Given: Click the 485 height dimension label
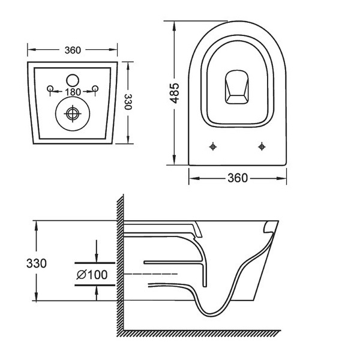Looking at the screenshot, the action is click(175, 93).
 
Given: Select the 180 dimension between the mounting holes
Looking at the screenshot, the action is click(73, 92).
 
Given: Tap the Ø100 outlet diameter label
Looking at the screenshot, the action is click(92, 275).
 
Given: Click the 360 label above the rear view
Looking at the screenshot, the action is click(73, 50).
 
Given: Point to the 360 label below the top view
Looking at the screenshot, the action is click(238, 178).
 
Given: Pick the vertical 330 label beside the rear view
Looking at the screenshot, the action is click(128, 102).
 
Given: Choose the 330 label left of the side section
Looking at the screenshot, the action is click(36, 263).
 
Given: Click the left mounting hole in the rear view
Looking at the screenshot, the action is click(50, 88).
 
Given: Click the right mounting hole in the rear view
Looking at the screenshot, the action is click(95, 88).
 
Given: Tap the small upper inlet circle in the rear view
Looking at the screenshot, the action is click(73, 80).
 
